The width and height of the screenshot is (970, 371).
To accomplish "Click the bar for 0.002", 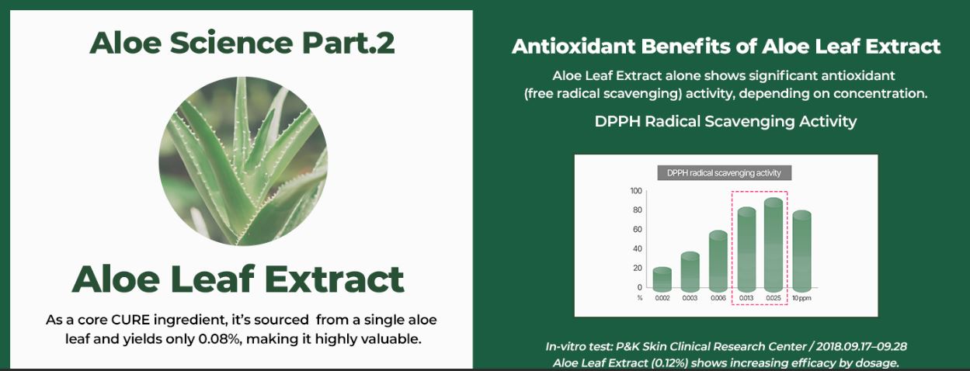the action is (x=662, y=279).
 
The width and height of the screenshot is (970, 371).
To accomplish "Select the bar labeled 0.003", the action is (x=690, y=272).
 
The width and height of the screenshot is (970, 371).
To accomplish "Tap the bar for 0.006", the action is (x=718, y=261).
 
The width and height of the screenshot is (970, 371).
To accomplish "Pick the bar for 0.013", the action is (x=746, y=249).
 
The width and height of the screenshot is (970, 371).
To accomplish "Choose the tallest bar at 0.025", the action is (x=774, y=244).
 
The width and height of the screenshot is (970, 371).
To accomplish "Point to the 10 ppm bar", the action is (x=801, y=251).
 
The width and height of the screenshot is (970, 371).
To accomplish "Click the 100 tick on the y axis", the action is (x=636, y=191).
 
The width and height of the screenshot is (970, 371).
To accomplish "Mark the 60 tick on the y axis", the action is (x=638, y=230).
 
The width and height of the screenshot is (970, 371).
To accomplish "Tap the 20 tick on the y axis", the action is (x=638, y=268).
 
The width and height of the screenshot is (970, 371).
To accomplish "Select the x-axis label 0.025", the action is (x=774, y=298).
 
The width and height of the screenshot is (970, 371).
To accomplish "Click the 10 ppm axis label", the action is (x=801, y=298).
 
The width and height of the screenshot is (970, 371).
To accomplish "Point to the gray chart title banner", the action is (x=724, y=173).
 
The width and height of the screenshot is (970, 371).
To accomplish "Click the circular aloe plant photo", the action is (x=243, y=161).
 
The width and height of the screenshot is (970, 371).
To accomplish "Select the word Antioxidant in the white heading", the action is (x=573, y=47).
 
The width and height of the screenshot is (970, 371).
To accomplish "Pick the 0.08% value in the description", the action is (x=219, y=339).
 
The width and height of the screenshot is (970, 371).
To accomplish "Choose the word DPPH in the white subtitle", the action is (x=617, y=121).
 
